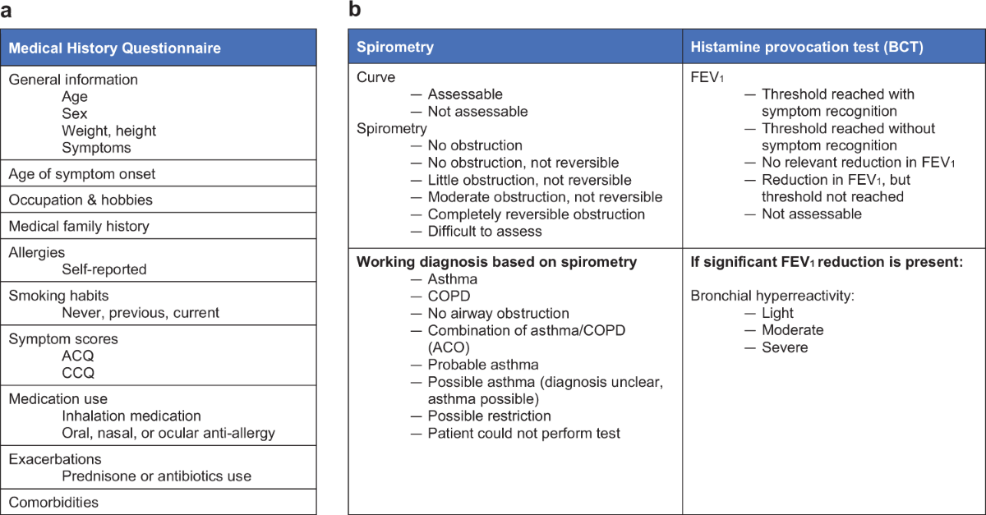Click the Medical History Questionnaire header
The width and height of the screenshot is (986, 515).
(114, 48)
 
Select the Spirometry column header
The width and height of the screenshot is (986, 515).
(395, 47)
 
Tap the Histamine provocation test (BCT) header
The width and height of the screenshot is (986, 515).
(806, 47)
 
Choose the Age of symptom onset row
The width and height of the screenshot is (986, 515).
(81, 173)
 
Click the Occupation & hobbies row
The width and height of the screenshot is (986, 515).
(81, 200)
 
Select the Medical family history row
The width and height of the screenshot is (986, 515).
(79, 226)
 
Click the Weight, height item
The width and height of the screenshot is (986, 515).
(108, 131)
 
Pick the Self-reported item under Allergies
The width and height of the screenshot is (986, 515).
(104, 269)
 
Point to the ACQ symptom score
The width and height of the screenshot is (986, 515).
(78, 356)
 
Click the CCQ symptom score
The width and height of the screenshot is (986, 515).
(78, 372)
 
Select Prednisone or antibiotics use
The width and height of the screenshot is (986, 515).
(156, 476)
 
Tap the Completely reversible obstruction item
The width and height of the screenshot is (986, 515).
(536, 214)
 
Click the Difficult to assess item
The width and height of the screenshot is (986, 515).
(484, 231)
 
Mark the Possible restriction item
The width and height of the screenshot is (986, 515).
(489, 416)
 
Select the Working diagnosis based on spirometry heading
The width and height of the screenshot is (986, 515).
(496, 262)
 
